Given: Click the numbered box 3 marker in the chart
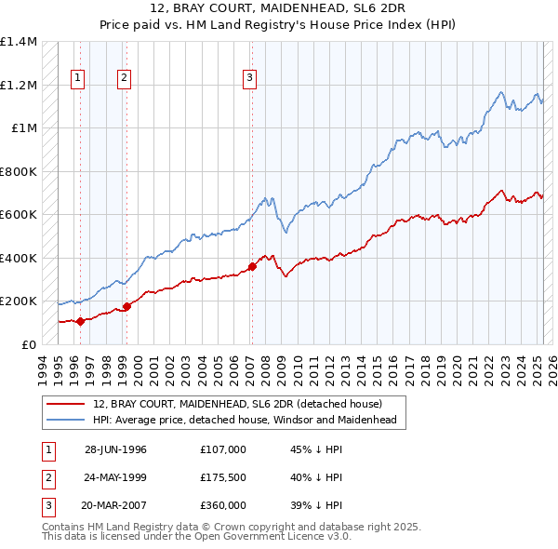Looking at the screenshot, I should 250,78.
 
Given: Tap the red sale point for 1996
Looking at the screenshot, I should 80,322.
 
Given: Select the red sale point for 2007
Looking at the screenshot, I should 252,267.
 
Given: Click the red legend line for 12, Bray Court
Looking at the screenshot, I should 66,404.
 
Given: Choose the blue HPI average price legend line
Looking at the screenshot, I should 66,421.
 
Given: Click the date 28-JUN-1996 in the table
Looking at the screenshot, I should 115,449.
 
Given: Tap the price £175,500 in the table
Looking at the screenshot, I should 222,477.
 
